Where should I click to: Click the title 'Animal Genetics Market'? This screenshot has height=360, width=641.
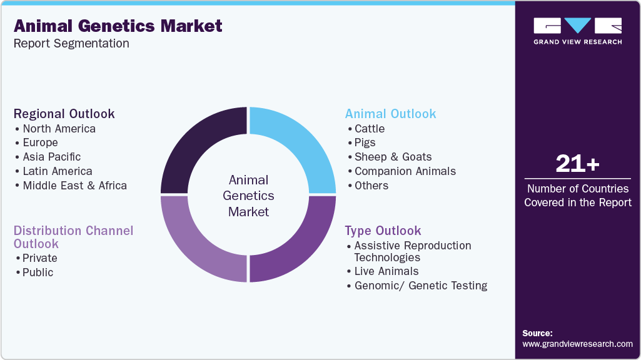click(x=118, y=26)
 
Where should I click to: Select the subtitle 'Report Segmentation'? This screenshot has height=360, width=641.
click(x=71, y=44)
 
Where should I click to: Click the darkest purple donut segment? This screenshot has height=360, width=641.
click(x=204, y=150)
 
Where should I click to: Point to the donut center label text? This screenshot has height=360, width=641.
click(x=248, y=196)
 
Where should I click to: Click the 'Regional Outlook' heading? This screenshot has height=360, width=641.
click(x=64, y=114)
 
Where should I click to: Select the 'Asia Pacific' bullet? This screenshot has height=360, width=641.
click(x=52, y=157)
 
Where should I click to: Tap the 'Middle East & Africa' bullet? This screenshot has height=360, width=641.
click(x=74, y=186)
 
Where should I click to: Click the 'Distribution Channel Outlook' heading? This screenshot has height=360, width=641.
click(x=73, y=237)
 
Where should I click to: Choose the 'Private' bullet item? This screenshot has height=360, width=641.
click(x=40, y=258)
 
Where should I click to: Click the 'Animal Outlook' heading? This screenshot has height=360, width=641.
click(x=391, y=114)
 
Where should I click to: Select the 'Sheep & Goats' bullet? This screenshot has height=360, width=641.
click(x=393, y=157)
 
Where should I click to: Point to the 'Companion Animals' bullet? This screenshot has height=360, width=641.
click(x=405, y=171)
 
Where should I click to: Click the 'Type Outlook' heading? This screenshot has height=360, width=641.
click(x=383, y=231)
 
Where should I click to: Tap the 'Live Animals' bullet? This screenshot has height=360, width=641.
click(x=386, y=271)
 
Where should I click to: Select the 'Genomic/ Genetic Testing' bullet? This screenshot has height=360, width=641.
click(x=420, y=286)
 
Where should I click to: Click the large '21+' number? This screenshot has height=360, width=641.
click(x=577, y=164)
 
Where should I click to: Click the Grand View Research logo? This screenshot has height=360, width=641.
click(x=577, y=31)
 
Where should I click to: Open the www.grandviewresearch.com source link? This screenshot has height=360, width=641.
click(x=577, y=344)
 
